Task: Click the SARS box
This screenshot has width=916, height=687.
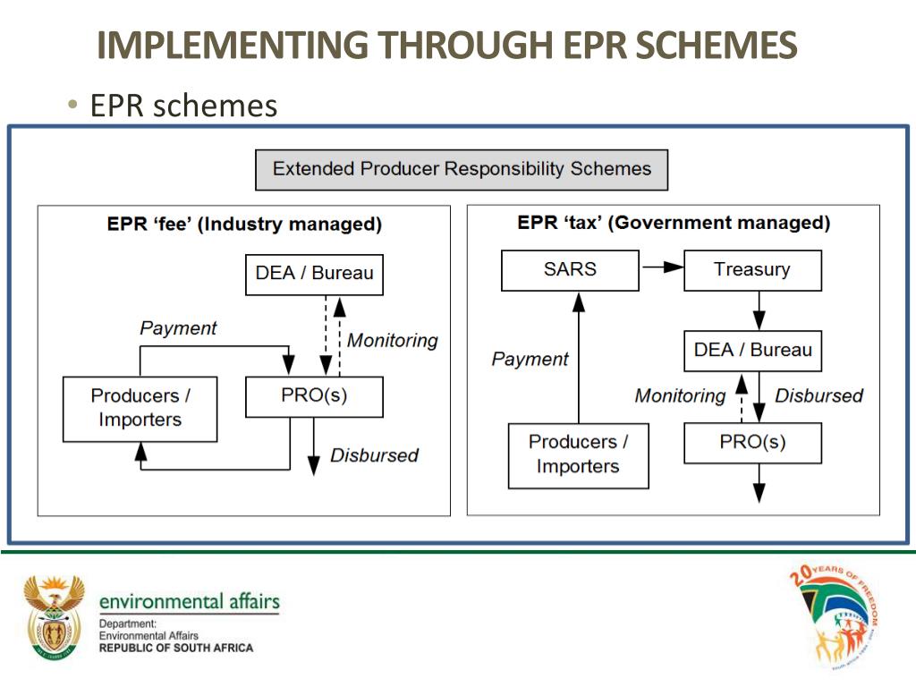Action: (x=570, y=270)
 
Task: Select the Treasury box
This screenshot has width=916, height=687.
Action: (x=752, y=270)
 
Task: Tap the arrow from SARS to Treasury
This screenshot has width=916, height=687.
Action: (x=661, y=267)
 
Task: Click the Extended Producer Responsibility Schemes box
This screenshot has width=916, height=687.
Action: (x=462, y=169)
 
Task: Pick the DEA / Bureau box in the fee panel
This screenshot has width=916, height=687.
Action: (x=314, y=274)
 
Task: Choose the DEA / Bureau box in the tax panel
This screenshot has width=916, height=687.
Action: (x=752, y=351)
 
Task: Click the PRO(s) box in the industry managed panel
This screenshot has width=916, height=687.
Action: (x=314, y=396)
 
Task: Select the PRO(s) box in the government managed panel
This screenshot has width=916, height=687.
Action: (x=752, y=443)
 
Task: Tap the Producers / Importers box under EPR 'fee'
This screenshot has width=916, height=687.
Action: (x=140, y=408)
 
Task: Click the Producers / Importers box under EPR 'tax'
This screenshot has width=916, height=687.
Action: (x=578, y=454)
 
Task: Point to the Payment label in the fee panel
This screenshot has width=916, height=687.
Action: (x=178, y=328)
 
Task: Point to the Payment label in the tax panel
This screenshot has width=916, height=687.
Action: (x=530, y=359)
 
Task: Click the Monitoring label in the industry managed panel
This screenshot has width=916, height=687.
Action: (x=393, y=340)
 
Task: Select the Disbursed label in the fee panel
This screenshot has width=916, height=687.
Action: (x=374, y=455)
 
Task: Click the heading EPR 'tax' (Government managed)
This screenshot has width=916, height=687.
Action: (x=673, y=223)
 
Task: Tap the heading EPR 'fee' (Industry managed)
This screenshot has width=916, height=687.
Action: (x=244, y=225)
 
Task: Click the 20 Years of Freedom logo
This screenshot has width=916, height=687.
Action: (x=835, y=616)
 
